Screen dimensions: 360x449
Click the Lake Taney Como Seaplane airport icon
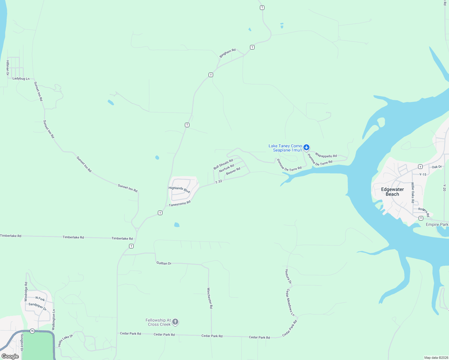(306, 147)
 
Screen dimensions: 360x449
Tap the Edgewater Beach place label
(392, 192)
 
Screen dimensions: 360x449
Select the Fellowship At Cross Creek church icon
(176, 322)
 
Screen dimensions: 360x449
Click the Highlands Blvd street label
(179, 190)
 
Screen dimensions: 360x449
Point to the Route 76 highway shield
(32, 331)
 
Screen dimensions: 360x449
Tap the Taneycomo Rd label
(179, 204)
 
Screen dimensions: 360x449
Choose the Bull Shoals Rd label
(223, 164)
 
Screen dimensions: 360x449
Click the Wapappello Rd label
(326, 156)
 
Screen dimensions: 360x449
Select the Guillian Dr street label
(164, 263)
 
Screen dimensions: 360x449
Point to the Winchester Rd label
(210, 298)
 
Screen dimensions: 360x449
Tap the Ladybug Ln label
(21, 79)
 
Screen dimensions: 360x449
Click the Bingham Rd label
(228, 53)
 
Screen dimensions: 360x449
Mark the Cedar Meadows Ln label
(290, 302)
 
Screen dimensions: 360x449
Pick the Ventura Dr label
(288, 276)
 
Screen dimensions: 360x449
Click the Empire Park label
(437, 224)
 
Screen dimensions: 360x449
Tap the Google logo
(10, 356)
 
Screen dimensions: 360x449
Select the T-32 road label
(218, 181)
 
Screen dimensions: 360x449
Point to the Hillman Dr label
(8, 67)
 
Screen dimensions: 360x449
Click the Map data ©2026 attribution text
(436, 358)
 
